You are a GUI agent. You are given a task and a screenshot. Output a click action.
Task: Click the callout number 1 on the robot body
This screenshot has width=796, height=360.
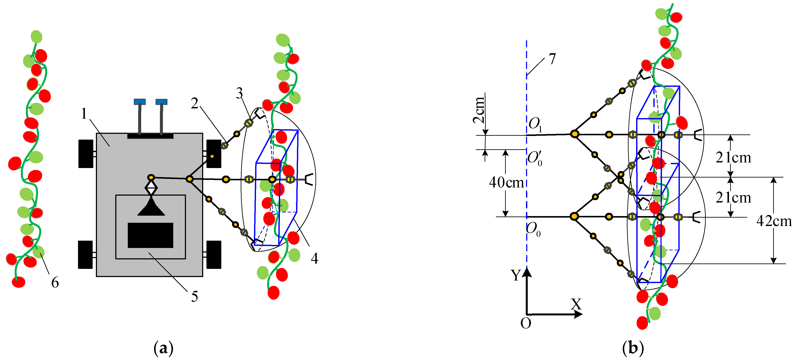(x=84, y=114)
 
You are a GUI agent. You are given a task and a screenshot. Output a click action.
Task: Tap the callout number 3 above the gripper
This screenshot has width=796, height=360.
(x=239, y=93)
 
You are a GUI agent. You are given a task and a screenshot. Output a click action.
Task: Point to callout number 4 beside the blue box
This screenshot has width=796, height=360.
(x=315, y=258)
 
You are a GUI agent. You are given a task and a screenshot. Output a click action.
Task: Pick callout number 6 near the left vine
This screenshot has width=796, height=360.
(x=55, y=282)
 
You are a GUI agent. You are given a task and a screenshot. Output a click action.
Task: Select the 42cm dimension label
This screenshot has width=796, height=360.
(x=774, y=221)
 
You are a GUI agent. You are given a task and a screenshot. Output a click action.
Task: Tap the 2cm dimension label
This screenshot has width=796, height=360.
(x=479, y=110)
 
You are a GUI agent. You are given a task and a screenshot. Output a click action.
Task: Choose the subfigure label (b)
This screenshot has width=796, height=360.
(x=633, y=348)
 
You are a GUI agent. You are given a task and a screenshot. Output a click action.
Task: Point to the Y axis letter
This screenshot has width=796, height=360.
(x=516, y=275)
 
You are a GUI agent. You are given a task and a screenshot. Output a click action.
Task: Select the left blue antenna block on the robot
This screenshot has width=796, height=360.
(x=140, y=102)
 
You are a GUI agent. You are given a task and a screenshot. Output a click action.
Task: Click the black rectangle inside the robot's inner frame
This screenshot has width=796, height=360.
(x=150, y=235)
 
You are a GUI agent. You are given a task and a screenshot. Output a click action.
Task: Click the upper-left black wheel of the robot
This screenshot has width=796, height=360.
(x=86, y=154)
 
